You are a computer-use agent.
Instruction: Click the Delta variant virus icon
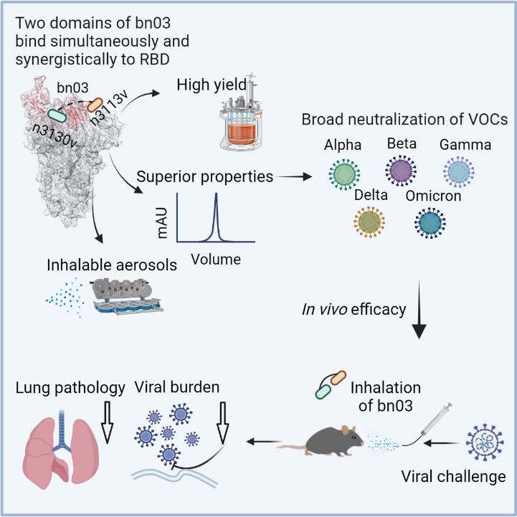370,222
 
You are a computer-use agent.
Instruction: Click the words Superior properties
204,176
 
